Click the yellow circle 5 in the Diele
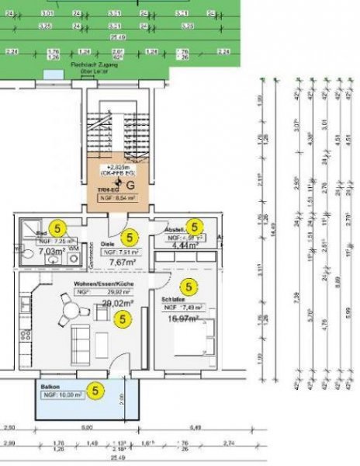pos(130,237)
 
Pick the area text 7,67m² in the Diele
pos(122,263)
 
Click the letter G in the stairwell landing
pos(130,186)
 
